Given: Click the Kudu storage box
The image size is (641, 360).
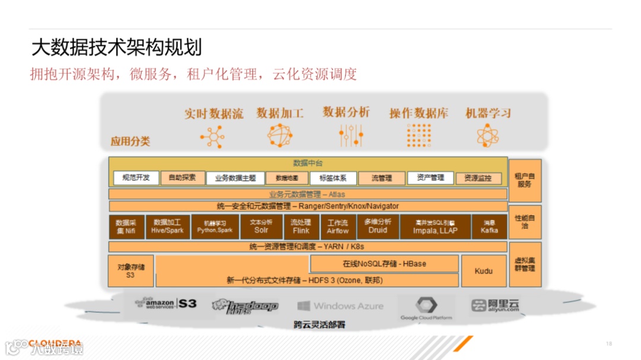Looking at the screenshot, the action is [484, 271].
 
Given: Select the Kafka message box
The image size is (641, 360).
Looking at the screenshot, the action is [489, 227].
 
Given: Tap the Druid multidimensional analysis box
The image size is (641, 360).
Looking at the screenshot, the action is [377, 227].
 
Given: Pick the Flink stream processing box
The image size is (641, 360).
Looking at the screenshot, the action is [301, 227].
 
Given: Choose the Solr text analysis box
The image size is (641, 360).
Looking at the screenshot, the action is [261, 227].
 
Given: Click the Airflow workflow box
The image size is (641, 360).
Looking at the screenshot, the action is [338, 227].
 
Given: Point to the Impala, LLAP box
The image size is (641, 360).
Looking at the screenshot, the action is [435, 227].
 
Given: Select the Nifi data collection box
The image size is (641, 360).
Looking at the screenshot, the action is [126, 227].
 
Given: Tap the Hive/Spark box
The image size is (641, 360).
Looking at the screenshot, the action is [167, 227].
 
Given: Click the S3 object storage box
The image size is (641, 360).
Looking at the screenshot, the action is [131, 271].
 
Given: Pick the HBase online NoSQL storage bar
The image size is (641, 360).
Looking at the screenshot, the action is [384, 263].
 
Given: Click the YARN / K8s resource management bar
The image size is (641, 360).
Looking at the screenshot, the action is [307, 246].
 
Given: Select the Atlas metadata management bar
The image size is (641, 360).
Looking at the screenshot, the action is [307, 195].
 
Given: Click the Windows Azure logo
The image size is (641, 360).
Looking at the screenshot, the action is [340, 306].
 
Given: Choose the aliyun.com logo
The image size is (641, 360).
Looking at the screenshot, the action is [495, 305].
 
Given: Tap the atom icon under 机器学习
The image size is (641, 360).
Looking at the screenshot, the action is [488, 135].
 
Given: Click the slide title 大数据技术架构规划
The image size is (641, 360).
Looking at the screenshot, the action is [116, 47].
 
